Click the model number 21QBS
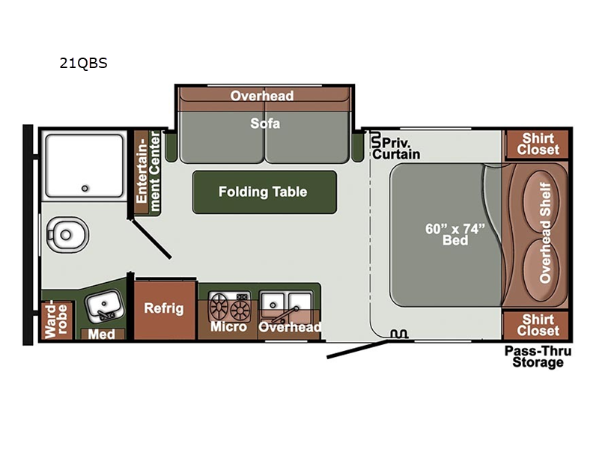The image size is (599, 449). click(x=83, y=63)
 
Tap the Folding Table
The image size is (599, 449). click(x=264, y=192)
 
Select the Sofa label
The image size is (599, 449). click(x=265, y=123)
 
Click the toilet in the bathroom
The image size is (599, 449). click(x=67, y=234)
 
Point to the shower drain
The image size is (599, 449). click(x=85, y=189)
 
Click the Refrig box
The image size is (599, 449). click(x=164, y=310)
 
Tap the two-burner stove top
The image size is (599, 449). click(x=229, y=306)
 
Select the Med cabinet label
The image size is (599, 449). click(x=102, y=334)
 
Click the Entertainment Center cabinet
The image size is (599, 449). click(x=148, y=172)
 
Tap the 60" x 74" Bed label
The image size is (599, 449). click(x=455, y=234)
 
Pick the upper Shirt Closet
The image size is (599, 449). click(x=537, y=144)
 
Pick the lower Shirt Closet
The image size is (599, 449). click(x=537, y=326)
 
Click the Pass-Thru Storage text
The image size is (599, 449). click(x=538, y=356)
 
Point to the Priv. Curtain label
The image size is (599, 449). click(x=396, y=148)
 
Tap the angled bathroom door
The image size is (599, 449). click(x=151, y=238)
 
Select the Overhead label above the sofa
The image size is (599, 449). click(x=262, y=96)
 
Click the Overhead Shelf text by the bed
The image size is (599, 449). click(x=545, y=233)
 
